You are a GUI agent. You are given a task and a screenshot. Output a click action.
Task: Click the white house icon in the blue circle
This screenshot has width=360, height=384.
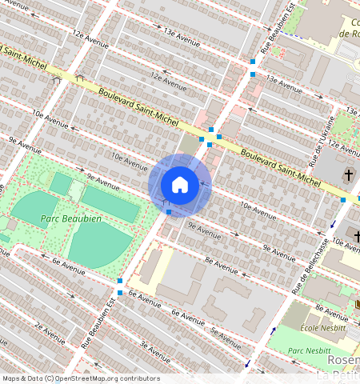click(180, 185)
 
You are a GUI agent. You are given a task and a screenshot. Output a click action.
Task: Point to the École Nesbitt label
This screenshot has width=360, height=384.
click(322, 327)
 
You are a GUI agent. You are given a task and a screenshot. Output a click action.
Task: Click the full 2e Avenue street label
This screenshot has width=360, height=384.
click(49, 330)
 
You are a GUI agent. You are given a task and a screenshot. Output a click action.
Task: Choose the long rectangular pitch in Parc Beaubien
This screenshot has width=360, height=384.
click(110, 205)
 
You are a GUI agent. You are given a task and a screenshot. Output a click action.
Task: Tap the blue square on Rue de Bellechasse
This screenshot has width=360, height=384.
click(343, 199)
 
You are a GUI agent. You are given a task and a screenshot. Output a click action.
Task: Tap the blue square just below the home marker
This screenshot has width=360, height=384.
click(169, 212)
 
